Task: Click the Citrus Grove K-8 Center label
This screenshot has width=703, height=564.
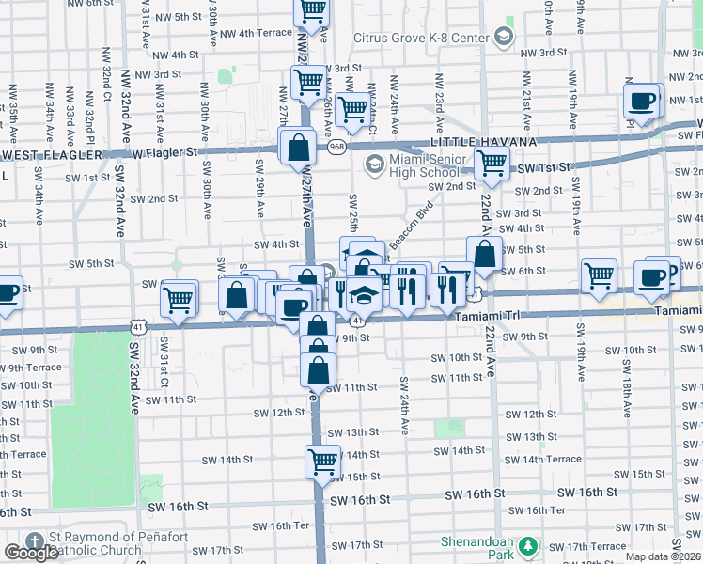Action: tap(421, 38)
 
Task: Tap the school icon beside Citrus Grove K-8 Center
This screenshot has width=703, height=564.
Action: tap(504, 37)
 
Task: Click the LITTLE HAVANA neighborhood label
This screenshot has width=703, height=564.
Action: tap(483, 141)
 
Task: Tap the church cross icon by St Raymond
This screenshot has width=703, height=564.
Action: tap(35, 542)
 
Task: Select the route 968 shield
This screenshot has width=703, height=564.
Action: tap(336, 147)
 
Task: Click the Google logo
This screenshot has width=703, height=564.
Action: tap(31, 553)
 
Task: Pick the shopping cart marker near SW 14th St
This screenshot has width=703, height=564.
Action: tap(321, 462)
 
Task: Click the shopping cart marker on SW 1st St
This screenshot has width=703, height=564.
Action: tap(492, 163)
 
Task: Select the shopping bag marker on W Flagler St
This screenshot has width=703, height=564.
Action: tap(298, 148)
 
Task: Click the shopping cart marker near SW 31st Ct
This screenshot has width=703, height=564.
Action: tap(178, 301)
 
